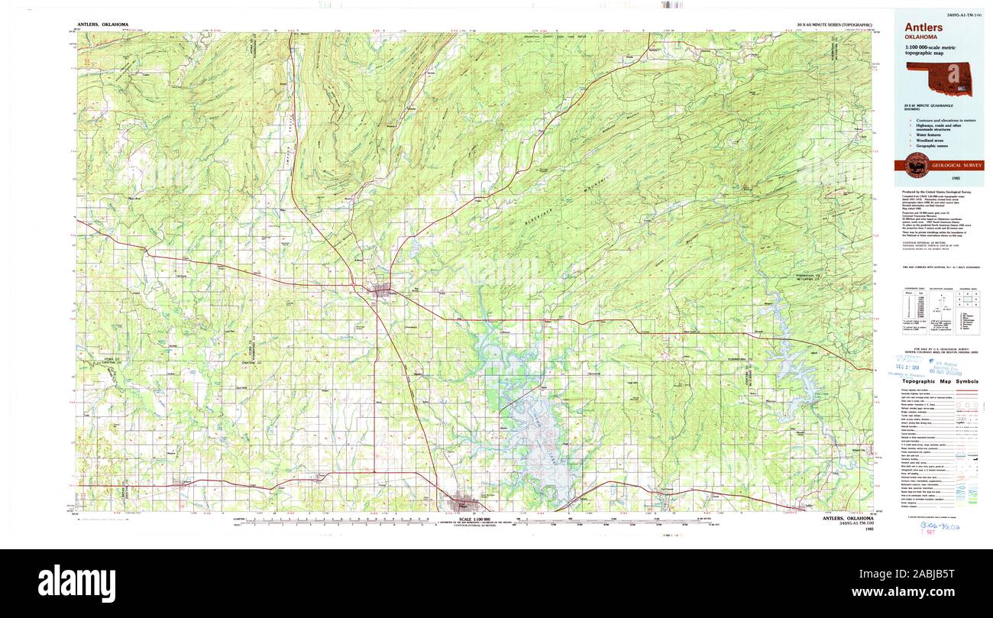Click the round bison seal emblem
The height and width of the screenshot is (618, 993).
click(x=917, y=164)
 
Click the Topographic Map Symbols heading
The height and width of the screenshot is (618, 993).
click(x=939, y=381)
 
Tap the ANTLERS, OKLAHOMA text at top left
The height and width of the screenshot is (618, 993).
click(x=102, y=24)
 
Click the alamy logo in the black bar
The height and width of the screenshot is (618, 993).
click(x=76, y=583)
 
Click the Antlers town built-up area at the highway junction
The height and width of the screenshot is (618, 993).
click(x=380, y=290)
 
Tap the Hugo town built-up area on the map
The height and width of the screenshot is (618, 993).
click(x=464, y=502)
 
